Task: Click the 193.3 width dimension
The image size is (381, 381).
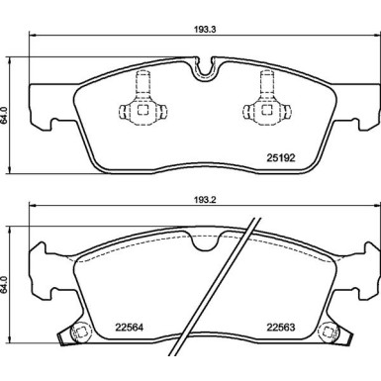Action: (x=209, y=29)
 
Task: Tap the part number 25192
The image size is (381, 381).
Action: (x=280, y=158)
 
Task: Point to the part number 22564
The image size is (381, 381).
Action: (x=129, y=328)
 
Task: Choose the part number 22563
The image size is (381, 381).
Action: (x=281, y=328)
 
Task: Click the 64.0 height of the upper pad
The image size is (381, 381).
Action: (x=4, y=115)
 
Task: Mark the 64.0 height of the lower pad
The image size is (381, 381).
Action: (x=4, y=285)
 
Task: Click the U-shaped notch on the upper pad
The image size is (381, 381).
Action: (x=205, y=70)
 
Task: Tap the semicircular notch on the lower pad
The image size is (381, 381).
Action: (x=205, y=241)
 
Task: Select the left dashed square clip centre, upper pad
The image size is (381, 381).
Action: (x=143, y=110)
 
